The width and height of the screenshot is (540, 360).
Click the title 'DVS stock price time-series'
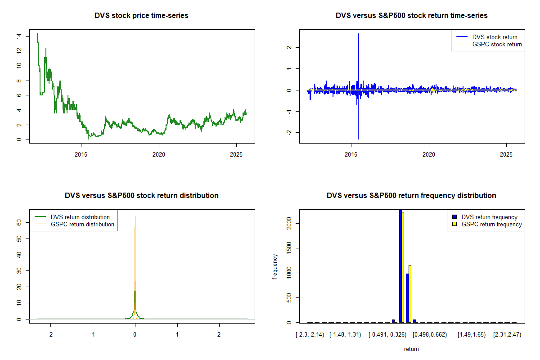click(141, 15)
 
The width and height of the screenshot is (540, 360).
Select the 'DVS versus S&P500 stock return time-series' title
click(411, 15)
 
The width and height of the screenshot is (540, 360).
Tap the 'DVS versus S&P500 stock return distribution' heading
click(141, 195)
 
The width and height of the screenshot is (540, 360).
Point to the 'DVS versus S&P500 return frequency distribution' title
click(411, 195)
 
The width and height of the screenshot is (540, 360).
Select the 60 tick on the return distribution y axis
click(19, 222)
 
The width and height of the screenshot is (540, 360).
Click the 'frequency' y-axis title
click(275, 266)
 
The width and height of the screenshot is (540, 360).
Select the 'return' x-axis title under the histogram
click(411, 349)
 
